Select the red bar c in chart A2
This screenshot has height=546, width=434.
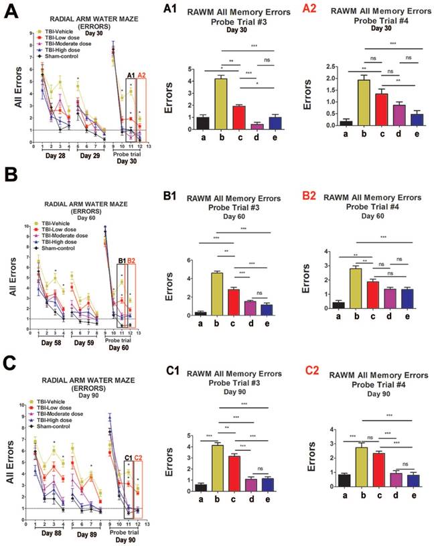(361, 110)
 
